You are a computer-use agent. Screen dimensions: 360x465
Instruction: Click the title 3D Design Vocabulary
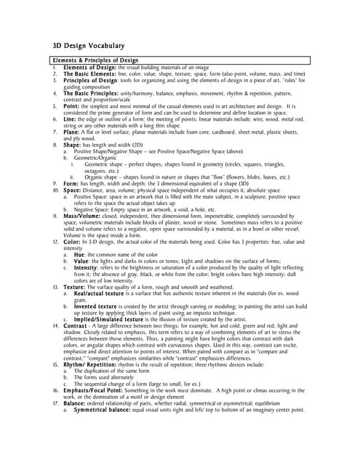point(83,45)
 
